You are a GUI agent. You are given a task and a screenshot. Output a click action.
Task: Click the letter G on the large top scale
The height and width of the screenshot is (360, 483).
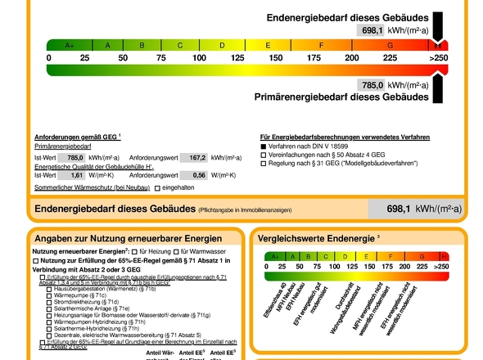coord(390,45)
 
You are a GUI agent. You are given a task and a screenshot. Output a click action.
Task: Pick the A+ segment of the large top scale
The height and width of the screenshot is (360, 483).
coord(69,45)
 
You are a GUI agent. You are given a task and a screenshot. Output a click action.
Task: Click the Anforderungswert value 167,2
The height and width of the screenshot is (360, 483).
coord(197,157)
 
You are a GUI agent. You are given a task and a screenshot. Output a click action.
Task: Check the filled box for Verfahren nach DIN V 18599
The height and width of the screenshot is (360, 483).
coord(264,145)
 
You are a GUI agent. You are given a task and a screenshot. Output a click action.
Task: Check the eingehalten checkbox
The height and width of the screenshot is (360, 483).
coord(157,189)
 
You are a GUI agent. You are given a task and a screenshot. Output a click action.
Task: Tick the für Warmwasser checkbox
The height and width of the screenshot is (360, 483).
coord(175,251)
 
